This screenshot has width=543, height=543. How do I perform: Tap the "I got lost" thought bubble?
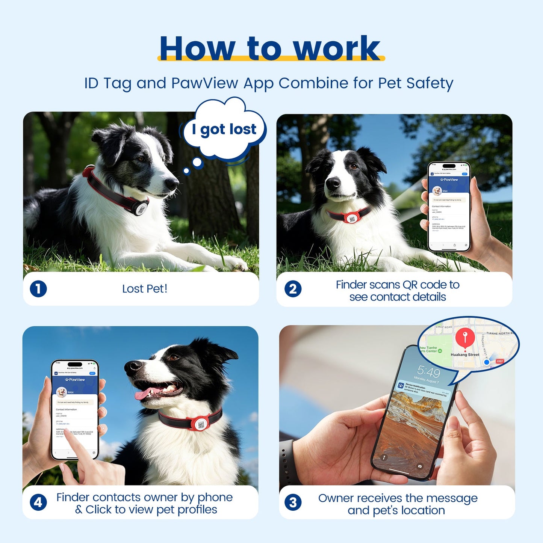coord(224,129)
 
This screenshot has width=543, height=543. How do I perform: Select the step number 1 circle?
coord(38,289)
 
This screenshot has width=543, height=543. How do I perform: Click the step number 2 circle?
coord(293,289)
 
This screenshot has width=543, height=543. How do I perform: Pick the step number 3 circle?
coord(293,503)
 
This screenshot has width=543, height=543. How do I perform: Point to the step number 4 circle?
coord(38,503)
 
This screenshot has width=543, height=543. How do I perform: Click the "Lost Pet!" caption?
coord(145,289)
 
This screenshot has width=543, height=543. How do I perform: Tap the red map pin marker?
coord(465,336)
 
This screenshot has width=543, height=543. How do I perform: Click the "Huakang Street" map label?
coord(465,354)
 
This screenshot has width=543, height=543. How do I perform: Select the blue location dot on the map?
coord(487,362)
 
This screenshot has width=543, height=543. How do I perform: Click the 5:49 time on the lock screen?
coord(428,372)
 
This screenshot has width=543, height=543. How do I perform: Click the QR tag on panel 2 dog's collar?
coord(352,218)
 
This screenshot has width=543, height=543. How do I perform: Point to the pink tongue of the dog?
coord(143,394)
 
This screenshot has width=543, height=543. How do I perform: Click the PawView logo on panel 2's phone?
coord(449,179)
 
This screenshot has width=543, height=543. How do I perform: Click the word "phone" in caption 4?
coord(215,497)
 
